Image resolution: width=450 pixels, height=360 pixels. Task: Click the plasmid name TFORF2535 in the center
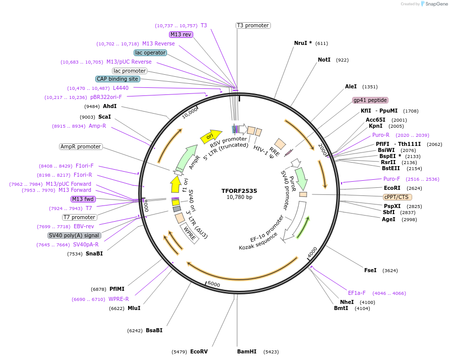pyautogui.click(x=239, y=191)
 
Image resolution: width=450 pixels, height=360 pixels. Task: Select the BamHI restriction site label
pyautogui.click(x=247, y=351)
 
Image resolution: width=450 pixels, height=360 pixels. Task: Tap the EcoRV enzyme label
pyautogui.click(x=199, y=351)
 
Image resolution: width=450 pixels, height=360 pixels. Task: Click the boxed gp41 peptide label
pyautogui.click(x=370, y=100)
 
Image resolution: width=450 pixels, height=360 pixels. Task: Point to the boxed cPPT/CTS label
pyautogui.click(x=397, y=197)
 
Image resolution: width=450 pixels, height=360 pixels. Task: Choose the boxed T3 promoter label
pyautogui.click(x=253, y=25)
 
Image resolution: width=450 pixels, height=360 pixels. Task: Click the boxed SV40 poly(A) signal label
pyautogui.click(x=74, y=235)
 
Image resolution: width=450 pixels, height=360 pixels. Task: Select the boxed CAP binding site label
pyautogui.click(x=118, y=79)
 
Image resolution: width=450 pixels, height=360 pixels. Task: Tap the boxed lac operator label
pyautogui.click(x=150, y=53)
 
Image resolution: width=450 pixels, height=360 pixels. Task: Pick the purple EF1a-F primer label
pyautogui.click(x=357, y=293)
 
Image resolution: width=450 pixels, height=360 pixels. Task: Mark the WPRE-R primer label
pyautogui.click(x=119, y=299)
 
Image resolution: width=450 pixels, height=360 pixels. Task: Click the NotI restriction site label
pyautogui.click(x=324, y=60)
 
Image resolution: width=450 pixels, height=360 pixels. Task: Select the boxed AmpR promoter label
pyautogui.click(x=81, y=146)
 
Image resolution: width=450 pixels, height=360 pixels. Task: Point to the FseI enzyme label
pyautogui.click(x=370, y=270)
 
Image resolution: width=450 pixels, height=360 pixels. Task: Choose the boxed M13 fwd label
pyautogui.click(x=83, y=199)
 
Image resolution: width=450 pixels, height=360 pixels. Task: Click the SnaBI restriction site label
pyautogui.click(x=94, y=253)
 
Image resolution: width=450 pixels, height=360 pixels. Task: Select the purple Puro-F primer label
pyautogui.click(x=391, y=179)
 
